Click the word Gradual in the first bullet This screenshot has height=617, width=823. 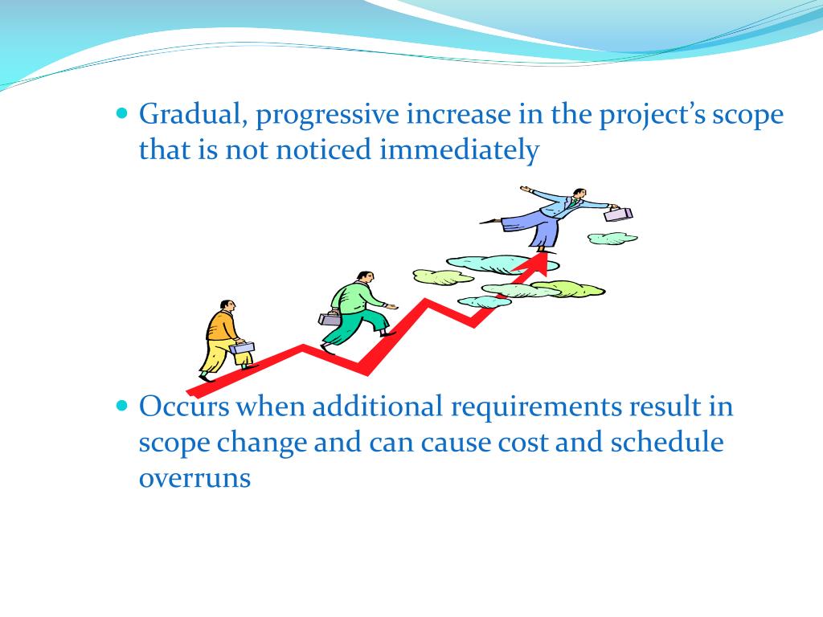point(193,114)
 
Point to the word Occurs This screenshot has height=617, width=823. point(184,407)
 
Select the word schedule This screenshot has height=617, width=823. point(666,442)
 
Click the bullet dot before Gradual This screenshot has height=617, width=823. point(122,113)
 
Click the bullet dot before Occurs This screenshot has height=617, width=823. point(122,406)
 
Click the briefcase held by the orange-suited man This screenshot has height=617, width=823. point(242,347)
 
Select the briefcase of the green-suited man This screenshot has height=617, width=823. point(329,318)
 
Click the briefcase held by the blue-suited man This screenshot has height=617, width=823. point(618,213)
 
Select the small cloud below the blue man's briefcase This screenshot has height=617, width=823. point(612,239)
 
